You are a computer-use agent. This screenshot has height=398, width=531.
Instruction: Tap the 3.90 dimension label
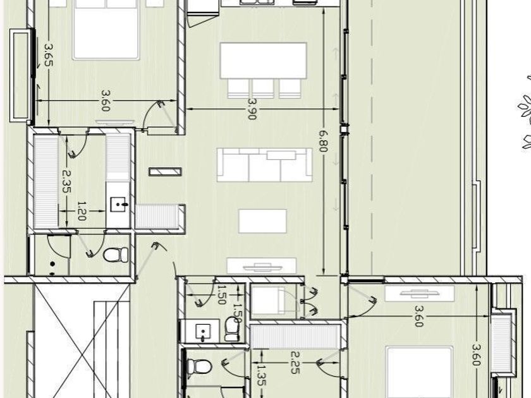click(252, 109)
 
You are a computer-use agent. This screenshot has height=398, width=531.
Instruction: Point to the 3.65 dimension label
click(49, 55)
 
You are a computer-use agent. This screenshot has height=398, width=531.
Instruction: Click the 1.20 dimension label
click(82, 211)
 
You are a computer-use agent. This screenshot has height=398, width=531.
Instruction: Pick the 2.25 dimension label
click(295, 363)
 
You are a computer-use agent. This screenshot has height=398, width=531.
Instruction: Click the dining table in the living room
click(263, 61)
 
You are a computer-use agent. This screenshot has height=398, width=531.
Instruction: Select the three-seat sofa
click(264, 165)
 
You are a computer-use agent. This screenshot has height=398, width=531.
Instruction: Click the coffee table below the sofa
click(262, 221)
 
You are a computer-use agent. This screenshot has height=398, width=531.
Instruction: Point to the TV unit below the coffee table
click(262, 265)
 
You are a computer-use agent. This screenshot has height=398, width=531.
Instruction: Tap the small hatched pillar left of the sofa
click(165, 172)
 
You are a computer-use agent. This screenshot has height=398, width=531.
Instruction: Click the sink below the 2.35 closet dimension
click(118, 205)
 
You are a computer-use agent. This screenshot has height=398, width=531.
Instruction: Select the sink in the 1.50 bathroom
click(203, 332)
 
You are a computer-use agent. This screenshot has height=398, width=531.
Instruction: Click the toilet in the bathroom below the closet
click(116, 255)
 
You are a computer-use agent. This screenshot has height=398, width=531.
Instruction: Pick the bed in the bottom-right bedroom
click(419, 372)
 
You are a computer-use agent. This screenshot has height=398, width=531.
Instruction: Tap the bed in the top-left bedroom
click(106, 30)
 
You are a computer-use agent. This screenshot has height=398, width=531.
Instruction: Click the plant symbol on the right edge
click(525, 112)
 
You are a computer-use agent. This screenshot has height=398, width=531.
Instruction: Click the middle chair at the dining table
click(263, 88)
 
